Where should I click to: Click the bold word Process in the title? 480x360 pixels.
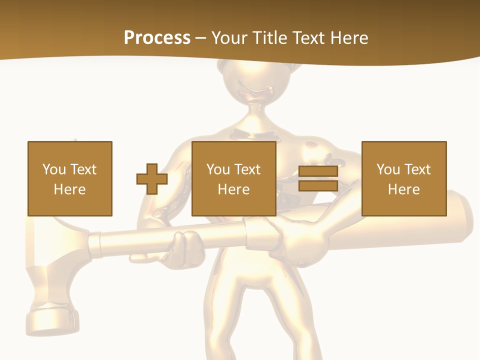pos(157,38)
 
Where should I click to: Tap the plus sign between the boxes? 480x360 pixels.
pos(152,179)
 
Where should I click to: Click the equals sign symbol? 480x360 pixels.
pos(318,179)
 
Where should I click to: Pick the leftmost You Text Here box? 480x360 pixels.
pos(69,179)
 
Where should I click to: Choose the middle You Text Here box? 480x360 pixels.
pos(233,179)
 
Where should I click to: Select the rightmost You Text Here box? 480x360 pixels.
pos(403,179)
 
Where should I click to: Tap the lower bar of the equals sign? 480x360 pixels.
pos(318,186)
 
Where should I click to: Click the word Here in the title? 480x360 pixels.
pos(350,38)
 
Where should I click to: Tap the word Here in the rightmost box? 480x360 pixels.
pos(403,189)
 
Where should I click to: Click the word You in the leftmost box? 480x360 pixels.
pos(54,169)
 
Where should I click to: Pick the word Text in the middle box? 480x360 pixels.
pos(247,169)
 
